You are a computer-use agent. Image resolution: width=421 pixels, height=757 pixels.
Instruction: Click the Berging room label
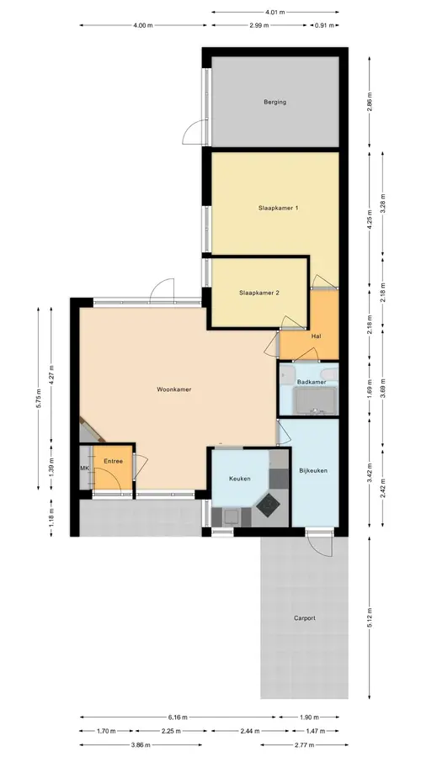[274, 102]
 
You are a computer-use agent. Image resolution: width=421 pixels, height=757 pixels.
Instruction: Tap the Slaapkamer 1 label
[278, 208]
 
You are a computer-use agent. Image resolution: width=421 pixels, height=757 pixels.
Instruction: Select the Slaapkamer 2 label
[259, 293]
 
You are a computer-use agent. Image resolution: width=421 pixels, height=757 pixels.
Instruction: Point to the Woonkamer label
[174, 389]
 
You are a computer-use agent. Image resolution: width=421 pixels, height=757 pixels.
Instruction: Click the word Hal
[317, 336]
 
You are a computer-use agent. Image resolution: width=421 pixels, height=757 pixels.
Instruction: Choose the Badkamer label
[312, 382]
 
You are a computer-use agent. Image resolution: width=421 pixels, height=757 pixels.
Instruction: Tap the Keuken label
[240, 479]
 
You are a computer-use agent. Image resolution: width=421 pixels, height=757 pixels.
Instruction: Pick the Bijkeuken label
[313, 470]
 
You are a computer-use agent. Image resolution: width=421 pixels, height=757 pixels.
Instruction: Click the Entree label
[113, 461]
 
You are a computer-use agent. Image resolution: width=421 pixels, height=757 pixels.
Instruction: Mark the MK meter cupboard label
[84, 468]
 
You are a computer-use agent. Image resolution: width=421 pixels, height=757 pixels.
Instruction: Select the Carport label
[305, 618]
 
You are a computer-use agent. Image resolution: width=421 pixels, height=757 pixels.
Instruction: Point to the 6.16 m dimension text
[178, 717]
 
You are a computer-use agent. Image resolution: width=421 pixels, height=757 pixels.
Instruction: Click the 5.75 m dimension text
[39, 399]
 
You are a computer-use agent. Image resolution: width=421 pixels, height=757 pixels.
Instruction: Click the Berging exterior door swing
[192, 133]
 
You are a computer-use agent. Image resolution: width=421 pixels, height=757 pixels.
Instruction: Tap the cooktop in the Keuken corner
[268, 505]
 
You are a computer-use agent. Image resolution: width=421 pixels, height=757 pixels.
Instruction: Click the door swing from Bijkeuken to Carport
[321, 544]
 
